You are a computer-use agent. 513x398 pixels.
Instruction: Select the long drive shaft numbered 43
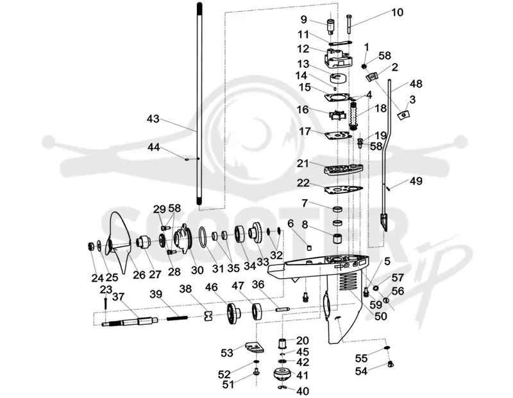pos(199,103)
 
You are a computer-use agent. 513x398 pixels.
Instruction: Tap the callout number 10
pos(397,12)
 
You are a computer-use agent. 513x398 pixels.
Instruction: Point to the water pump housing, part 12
pos(338,58)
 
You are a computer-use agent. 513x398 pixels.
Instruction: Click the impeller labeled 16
pos(337,116)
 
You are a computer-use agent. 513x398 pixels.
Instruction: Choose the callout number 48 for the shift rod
pos(416,84)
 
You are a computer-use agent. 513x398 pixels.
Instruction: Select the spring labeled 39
pos(177,318)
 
